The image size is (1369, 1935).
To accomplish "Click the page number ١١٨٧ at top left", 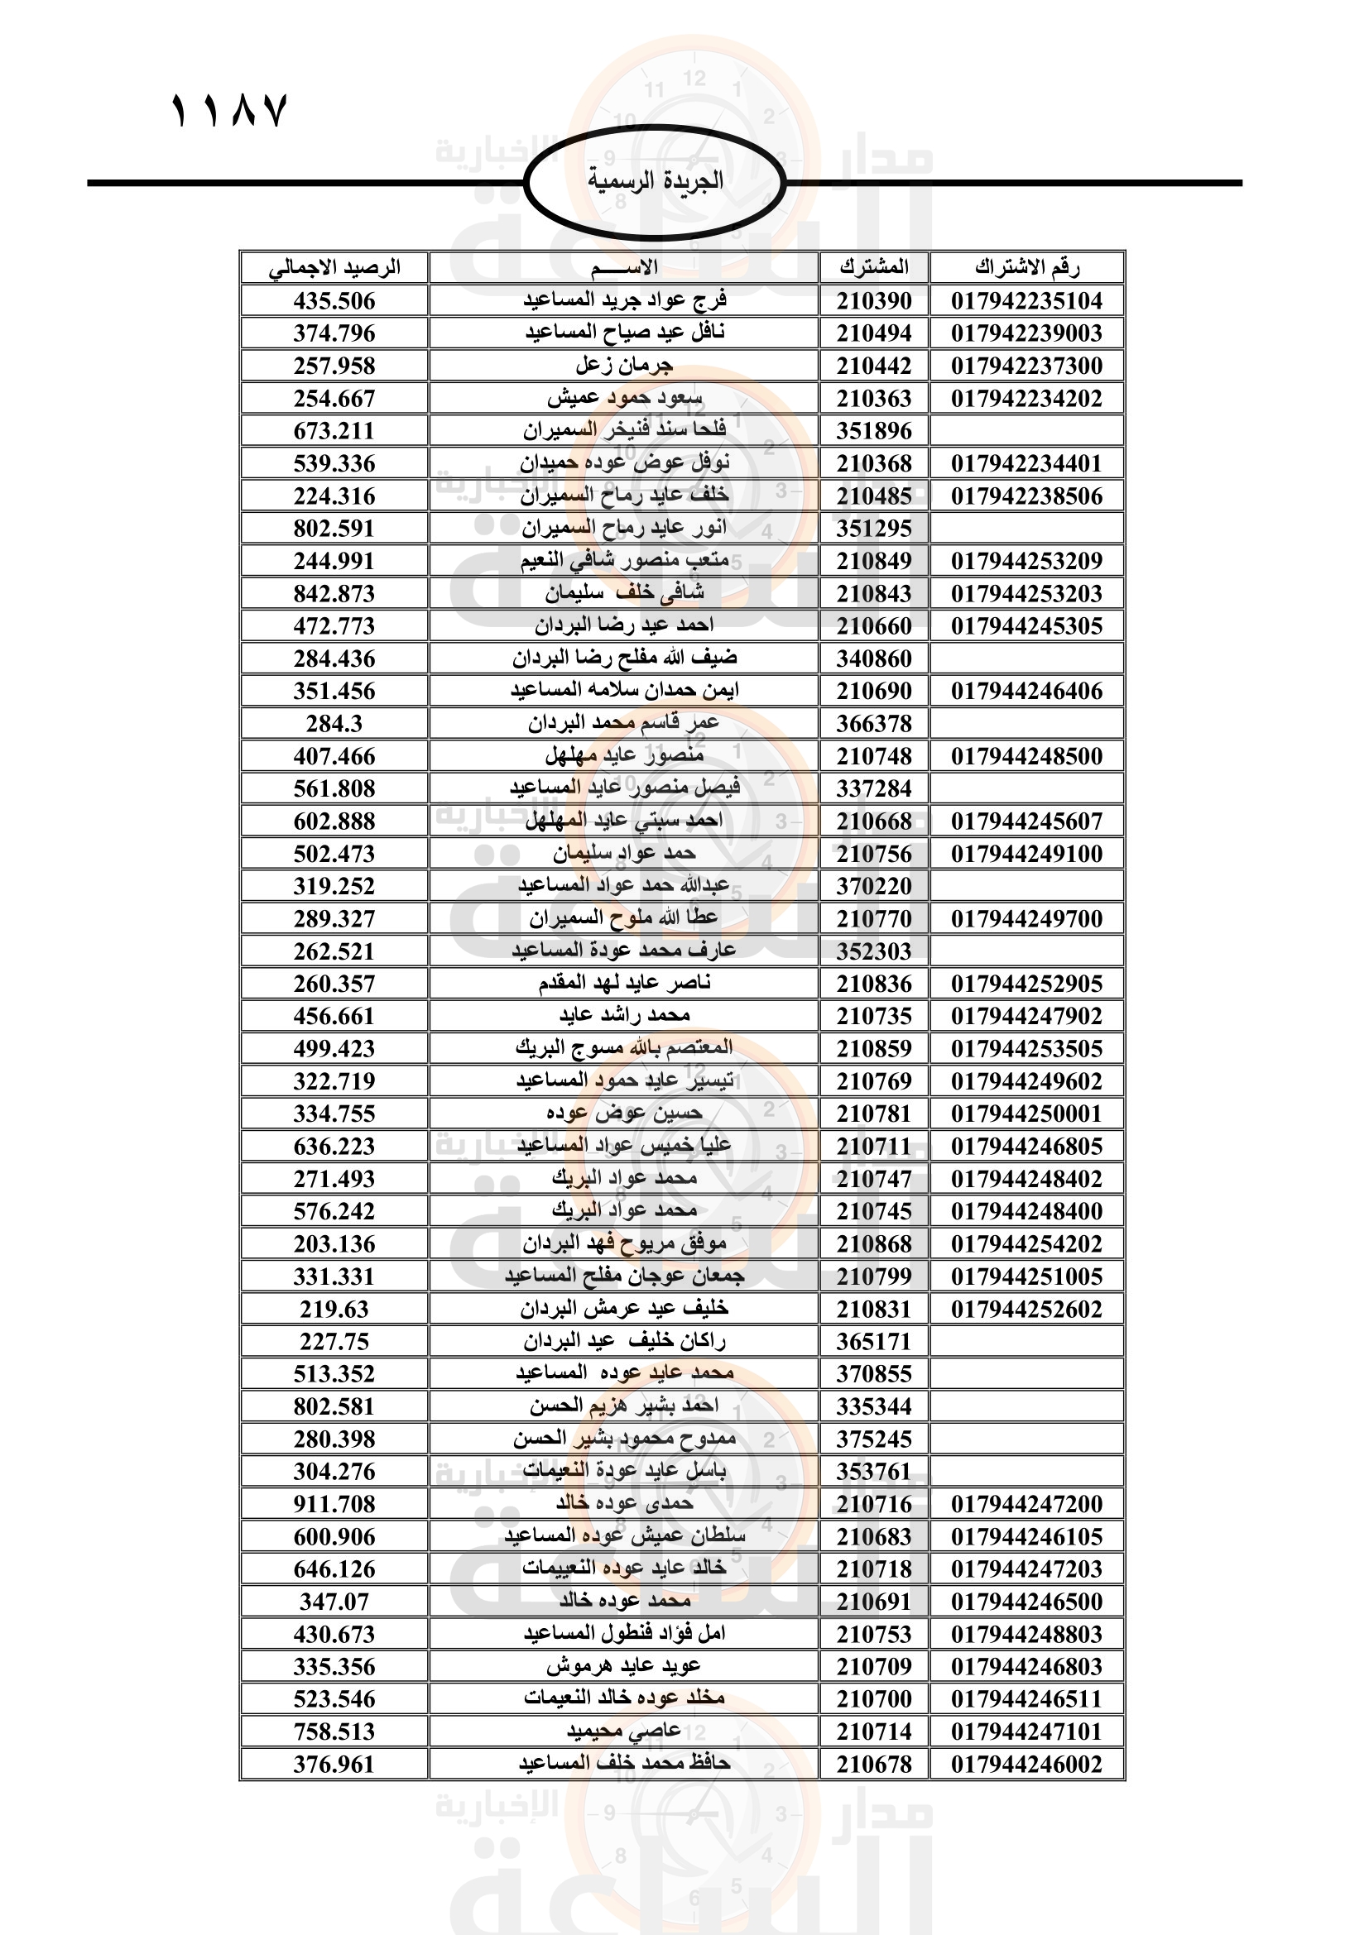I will click(229, 110).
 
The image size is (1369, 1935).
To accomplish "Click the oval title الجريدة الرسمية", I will click(655, 181).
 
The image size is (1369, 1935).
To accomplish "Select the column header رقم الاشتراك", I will click(1026, 268).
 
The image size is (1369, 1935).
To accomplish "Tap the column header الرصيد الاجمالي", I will click(334, 268).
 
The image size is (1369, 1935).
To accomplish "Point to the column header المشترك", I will click(874, 268).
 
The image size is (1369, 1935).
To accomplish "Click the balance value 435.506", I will click(334, 301).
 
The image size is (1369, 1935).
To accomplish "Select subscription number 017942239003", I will click(1026, 333).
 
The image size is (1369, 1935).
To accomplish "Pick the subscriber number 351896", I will click(874, 431).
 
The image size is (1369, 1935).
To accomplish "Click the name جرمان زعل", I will click(624, 366).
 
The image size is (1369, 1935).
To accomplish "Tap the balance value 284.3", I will click(334, 723).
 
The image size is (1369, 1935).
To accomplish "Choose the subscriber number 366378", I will click(874, 723).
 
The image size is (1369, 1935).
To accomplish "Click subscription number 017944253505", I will click(1026, 1048).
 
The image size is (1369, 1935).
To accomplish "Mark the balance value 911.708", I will click(334, 1503).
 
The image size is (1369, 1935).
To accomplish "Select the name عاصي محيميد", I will click(624, 1731).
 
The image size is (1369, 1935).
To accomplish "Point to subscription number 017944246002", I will click(1026, 1764).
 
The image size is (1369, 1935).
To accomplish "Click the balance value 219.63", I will click(334, 1309).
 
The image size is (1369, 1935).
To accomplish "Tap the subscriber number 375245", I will click(874, 1439).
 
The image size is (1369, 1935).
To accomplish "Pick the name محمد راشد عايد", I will click(624, 1016).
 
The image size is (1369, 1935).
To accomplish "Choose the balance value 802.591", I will click(334, 529).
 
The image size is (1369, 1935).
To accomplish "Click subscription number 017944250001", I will click(1026, 1114).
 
